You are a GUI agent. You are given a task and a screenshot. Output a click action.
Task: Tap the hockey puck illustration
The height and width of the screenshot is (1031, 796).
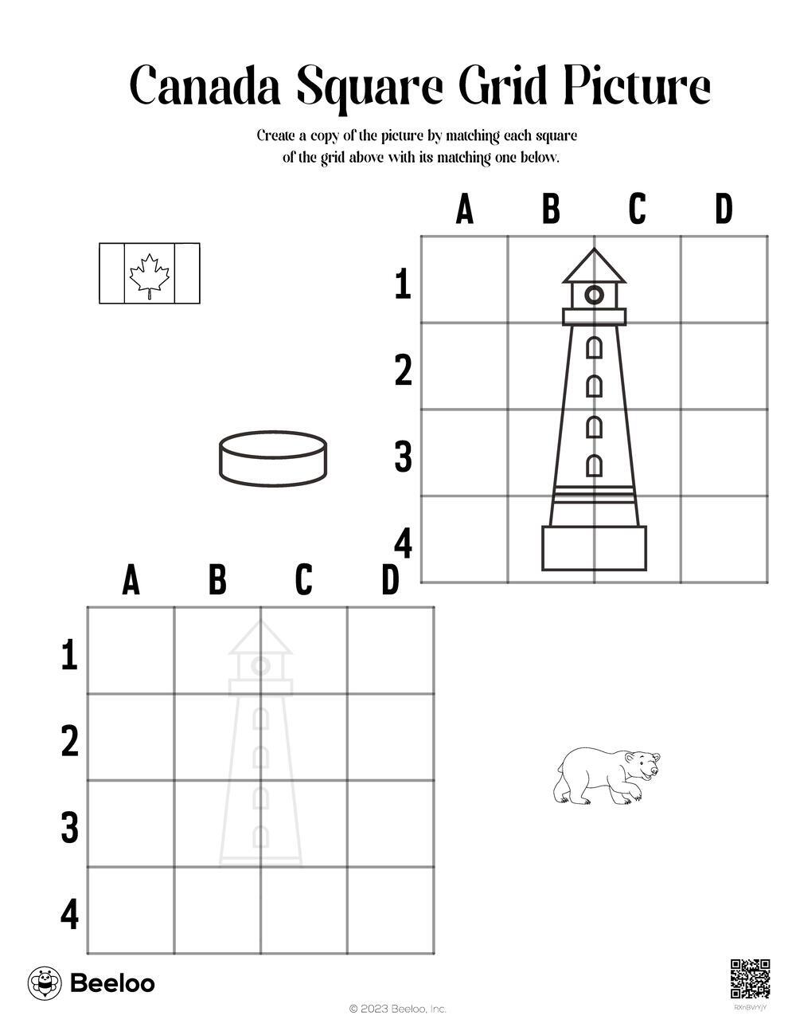[273, 458]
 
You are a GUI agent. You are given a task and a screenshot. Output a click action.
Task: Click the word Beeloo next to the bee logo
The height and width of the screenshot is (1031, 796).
[113, 983]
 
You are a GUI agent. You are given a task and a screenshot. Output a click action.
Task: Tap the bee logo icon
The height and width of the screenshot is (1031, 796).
[45, 983]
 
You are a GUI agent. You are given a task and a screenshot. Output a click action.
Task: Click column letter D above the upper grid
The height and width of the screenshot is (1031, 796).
[723, 210]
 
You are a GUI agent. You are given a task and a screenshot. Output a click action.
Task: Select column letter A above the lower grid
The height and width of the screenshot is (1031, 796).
[131, 581]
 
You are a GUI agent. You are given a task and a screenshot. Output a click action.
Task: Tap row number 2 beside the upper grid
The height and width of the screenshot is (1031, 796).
[404, 371]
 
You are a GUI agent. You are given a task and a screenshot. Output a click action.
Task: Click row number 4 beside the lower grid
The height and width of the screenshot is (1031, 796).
[70, 915]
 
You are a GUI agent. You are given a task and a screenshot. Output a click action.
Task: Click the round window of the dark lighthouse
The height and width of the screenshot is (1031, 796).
[594, 296]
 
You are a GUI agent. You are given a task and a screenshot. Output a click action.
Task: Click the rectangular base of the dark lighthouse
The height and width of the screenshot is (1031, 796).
[594, 547]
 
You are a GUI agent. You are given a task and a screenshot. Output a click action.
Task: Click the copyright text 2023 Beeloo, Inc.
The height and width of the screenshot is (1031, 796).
[398, 1009]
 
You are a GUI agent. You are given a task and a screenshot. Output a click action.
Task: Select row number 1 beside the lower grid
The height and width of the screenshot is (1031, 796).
[70, 657]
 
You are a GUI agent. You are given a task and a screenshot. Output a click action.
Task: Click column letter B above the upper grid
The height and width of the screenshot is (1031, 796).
[551, 210]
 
